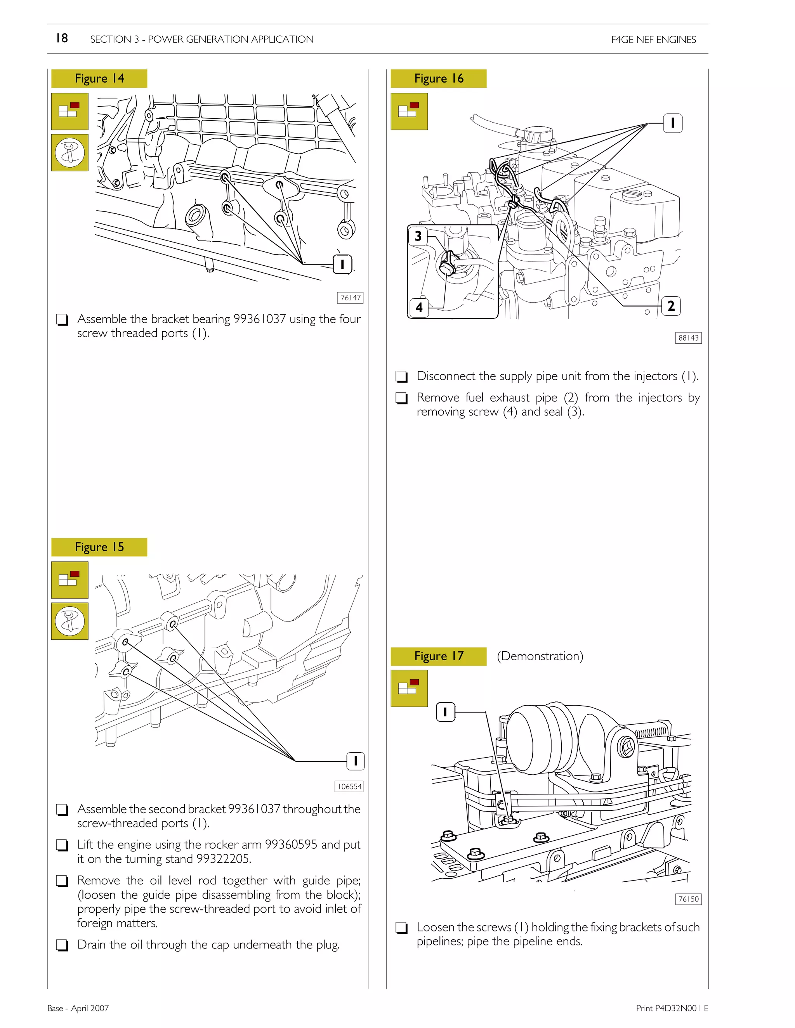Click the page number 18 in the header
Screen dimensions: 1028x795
click(x=62, y=38)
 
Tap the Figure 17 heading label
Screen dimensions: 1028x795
click(x=439, y=656)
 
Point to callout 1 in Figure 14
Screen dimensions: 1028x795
click(x=342, y=264)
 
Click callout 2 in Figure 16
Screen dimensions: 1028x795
click(x=671, y=306)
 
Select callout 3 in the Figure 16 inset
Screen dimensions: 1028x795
click(x=418, y=236)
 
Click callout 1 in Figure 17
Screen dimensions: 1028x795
click(x=446, y=712)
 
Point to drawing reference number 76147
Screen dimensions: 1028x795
click(x=351, y=298)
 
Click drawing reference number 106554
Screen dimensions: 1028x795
click(x=349, y=787)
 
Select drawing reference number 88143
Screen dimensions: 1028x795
click(x=689, y=338)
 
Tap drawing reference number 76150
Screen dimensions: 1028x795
click(x=689, y=899)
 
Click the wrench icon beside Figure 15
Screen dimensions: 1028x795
click(x=70, y=621)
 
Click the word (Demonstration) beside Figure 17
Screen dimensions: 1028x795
click(x=540, y=656)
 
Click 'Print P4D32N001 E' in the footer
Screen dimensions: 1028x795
click(x=672, y=1008)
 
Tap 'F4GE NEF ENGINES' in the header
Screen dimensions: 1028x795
click(x=653, y=40)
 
